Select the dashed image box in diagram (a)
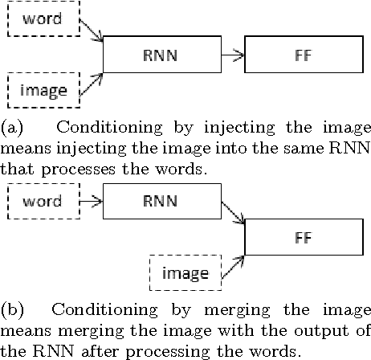tap(43, 89)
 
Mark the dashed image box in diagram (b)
tap(185, 274)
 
